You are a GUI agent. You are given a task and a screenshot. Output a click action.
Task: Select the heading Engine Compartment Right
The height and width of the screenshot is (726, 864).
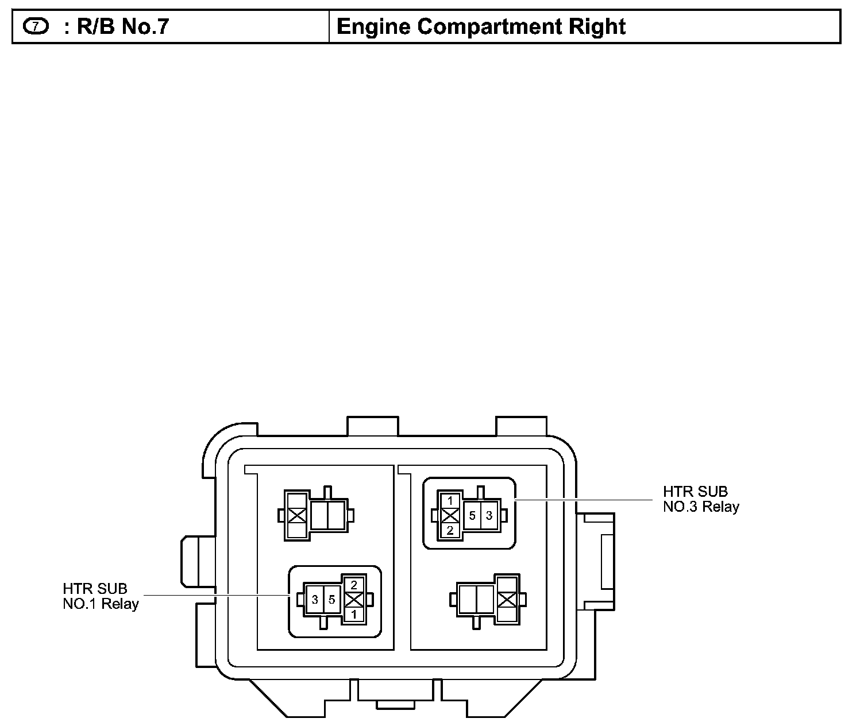(x=481, y=26)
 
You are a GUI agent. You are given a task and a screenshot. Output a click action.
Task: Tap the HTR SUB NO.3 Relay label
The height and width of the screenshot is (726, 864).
(x=700, y=499)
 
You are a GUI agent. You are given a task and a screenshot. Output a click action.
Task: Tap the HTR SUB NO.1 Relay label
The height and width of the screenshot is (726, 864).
(x=101, y=596)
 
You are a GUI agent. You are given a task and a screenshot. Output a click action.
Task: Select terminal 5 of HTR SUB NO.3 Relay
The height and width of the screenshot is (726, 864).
(x=472, y=516)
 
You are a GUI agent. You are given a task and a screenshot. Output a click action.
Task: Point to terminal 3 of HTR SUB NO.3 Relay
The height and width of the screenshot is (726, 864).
(x=489, y=516)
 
